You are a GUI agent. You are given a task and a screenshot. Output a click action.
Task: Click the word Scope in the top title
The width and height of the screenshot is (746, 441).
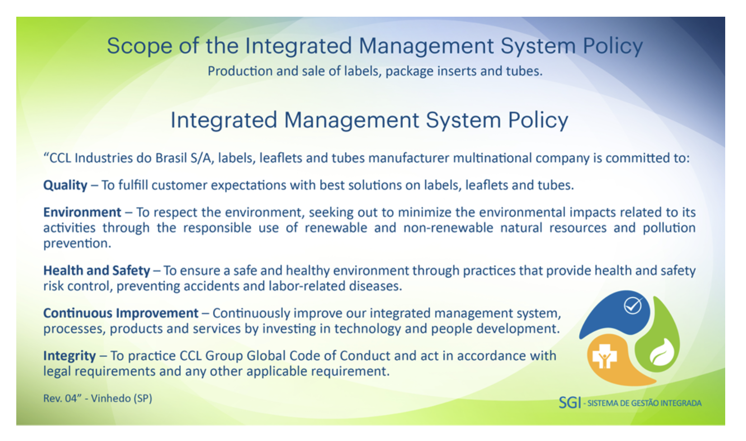(x=139, y=46)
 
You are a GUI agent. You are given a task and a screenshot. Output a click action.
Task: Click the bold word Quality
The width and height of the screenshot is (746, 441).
(x=65, y=185)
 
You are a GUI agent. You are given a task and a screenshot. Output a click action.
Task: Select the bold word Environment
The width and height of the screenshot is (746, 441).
(x=82, y=212)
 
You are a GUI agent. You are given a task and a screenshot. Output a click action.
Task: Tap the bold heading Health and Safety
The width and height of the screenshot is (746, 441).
(x=97, y=271)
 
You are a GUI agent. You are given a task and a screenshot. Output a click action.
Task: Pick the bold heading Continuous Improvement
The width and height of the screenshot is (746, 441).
(x=121, y=314)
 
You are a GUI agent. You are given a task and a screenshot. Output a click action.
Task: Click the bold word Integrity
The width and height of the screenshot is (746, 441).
(x=70, y=356)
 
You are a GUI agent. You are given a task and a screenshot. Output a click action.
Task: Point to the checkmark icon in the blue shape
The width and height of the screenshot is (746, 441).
(x=633, y=305)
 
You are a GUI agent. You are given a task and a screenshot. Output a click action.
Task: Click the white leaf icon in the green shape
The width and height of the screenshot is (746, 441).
(x=662, y=352)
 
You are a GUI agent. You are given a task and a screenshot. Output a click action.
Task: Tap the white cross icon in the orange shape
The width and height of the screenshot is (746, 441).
(x=604, y=357)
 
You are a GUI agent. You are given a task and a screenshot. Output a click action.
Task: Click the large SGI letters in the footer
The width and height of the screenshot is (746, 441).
(x=570, y=403)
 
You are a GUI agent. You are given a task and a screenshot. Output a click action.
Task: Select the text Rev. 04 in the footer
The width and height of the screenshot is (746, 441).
(x=62, y=399)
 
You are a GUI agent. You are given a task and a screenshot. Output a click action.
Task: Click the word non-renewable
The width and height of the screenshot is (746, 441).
(x=448, y=228)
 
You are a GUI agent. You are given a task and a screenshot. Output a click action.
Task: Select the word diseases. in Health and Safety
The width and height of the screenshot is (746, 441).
(x=376, y=286)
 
